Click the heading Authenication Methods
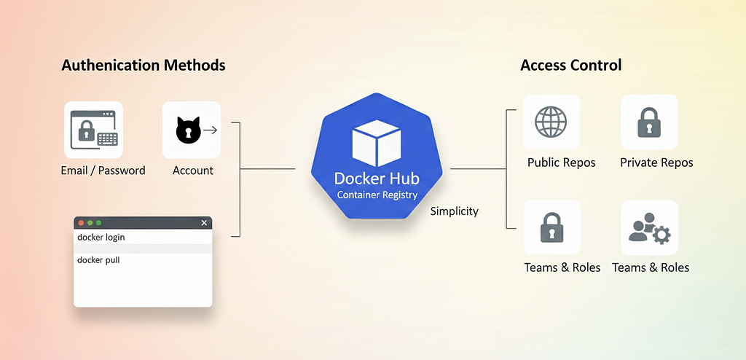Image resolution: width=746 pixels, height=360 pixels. [144, 66]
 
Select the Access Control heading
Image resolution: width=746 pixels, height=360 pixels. [571, 65]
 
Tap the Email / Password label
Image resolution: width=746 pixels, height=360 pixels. [103, 171]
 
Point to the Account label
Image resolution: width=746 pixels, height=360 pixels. [192, 171]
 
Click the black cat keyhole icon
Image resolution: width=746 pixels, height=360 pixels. [189, 130]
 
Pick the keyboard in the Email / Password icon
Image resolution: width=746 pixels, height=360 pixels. [107, 139]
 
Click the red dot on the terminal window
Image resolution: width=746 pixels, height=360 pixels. [81, 223]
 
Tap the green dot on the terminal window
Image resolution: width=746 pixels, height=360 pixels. [98, 223]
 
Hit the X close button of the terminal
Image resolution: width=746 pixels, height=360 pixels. [204, 223]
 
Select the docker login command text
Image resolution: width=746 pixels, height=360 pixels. [101, 237]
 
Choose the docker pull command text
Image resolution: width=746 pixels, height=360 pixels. [98, 260]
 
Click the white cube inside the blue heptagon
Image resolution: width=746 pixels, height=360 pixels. [376, 143]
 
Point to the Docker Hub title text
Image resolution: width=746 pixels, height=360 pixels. [377, 179]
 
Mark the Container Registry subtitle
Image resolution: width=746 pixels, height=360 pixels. [377, 195]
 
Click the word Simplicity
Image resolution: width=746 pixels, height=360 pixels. [455, 211]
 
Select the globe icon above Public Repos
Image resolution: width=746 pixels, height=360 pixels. [551, 122]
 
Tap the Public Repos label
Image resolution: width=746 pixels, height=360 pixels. [562, 163]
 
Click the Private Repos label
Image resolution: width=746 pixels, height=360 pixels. [656, 163]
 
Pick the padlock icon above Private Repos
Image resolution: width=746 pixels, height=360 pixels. [649, 122]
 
